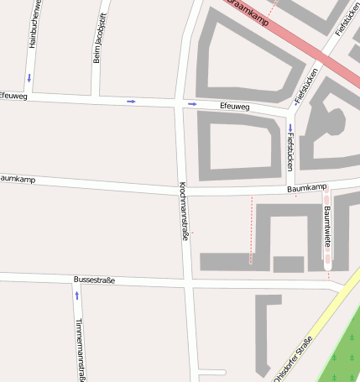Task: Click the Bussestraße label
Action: coord(94,280)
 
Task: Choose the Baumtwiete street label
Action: coord(327,222)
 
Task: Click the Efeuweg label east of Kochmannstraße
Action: coord(234,107)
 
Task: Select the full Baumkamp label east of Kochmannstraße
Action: coord(305,190)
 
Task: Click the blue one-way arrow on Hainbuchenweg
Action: coord(30,79)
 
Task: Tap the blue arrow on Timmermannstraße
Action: coord(77,296)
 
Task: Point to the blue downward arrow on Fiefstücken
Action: coord(290,128)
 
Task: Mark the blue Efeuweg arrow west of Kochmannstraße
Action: coord(131,102)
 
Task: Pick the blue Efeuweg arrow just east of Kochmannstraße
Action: coord(192,104)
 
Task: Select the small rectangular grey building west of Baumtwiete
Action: coord(288,264)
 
